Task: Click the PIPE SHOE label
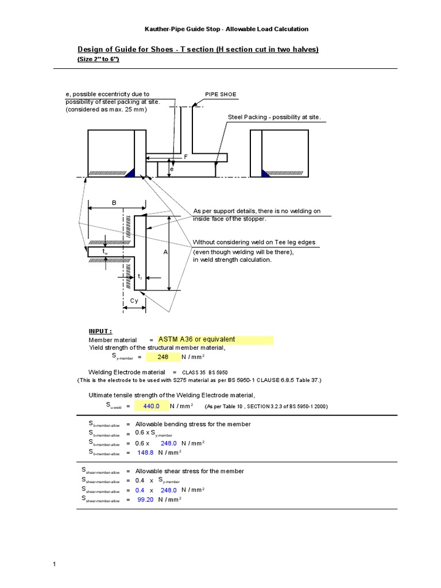(220, 94)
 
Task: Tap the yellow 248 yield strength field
(163, 357)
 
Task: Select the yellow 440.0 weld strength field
(148, 406)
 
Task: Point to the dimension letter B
(114, 203)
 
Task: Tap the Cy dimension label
(134, 301)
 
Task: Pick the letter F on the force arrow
(185, 156)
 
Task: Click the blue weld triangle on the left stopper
(130, 172)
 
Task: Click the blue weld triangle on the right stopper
(267, 172)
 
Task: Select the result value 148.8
(146, 453)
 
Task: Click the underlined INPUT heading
(100, 331)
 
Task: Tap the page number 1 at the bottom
(54, 564)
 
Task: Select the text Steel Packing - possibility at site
(274, 117)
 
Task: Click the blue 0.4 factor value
(140, 490)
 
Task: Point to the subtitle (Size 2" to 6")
(98, 59)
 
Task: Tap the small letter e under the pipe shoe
(171, 170)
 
